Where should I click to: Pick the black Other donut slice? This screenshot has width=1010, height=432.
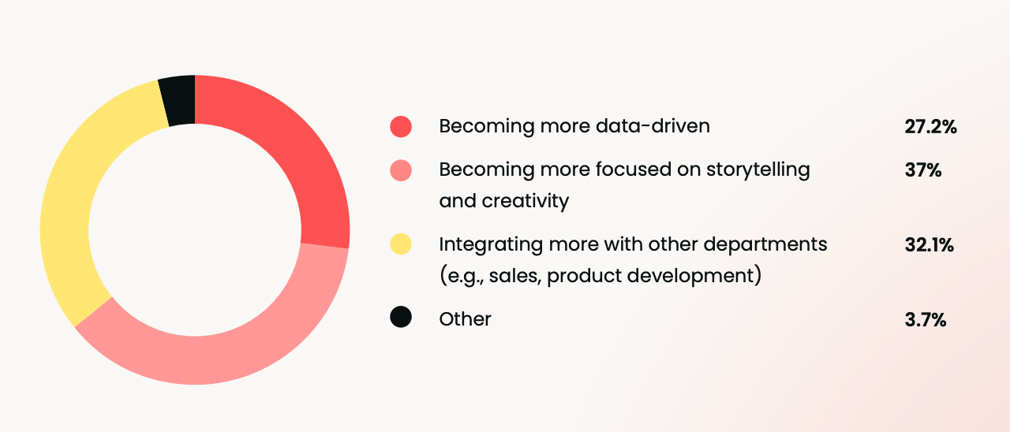178,100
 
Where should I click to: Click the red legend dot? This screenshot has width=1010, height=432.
401,126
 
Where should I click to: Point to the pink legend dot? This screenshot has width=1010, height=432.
401,169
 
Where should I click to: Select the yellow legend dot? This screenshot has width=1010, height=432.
401,244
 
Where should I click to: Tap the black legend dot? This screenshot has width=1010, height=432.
401,318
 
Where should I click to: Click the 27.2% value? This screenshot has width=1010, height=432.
930,126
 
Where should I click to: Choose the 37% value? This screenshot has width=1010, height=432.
922,169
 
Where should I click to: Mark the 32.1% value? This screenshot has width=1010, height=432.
929,244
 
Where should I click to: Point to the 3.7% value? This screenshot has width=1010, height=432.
926,319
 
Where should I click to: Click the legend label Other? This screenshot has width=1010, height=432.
465,319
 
